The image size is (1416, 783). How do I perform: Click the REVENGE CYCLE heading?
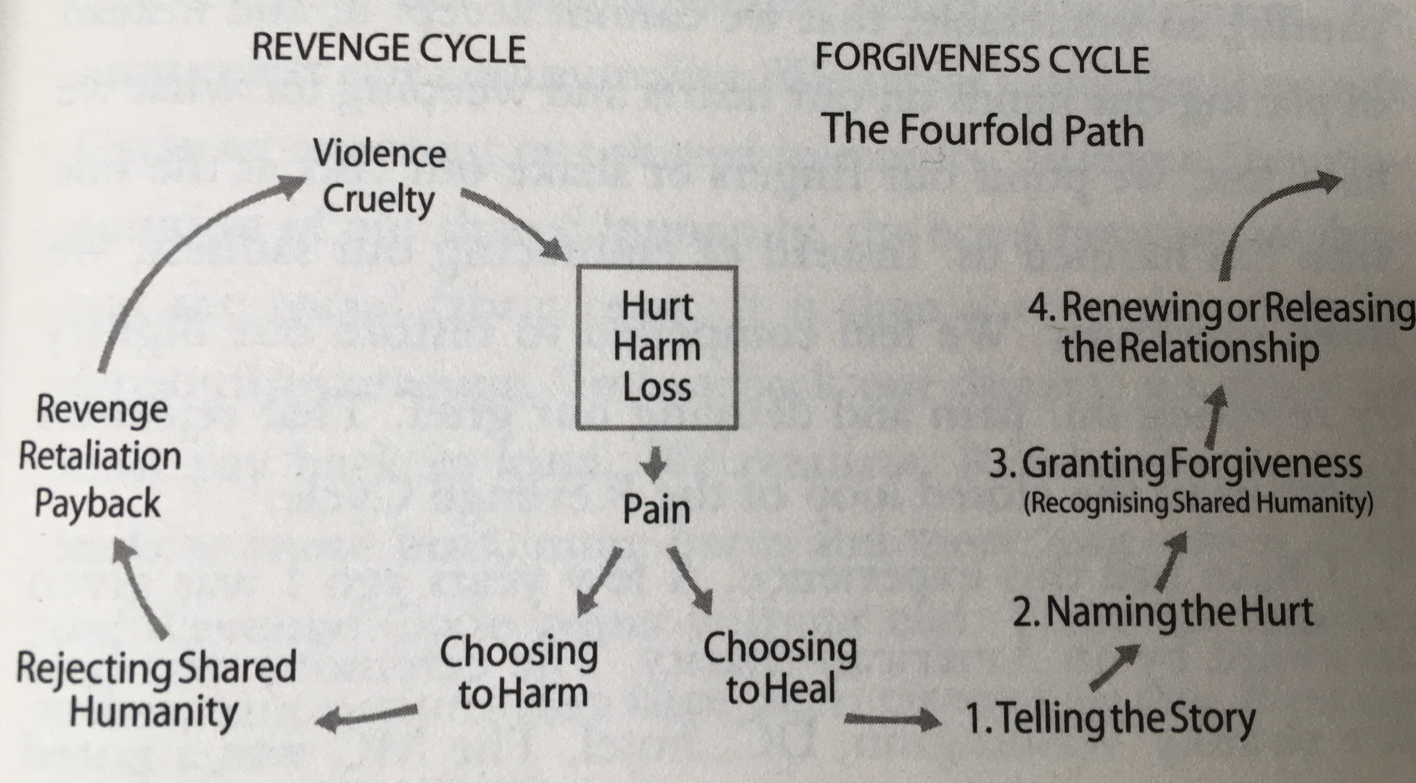(x=389, y=49)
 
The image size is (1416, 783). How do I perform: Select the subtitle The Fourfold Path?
(x=982, y=130)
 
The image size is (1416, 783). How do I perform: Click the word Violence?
(x=379, y=153)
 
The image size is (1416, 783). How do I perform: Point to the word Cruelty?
(x=378, y=200)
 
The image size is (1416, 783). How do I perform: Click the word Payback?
(x=97, y=503)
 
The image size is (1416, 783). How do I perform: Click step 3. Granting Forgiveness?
(x=1176, y=463)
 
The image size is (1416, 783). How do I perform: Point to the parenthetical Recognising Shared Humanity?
(x=1198, y=504)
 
